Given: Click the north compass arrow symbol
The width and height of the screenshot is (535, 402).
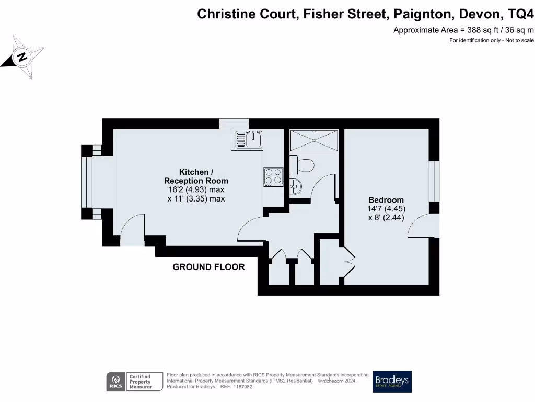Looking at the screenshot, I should [x=22, y=57].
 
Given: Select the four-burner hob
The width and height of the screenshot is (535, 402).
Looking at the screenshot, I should [x=273, y=176].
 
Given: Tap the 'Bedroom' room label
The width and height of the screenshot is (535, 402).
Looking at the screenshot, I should [x=386, y=200].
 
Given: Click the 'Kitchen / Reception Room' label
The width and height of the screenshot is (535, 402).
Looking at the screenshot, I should [x=196, y=176].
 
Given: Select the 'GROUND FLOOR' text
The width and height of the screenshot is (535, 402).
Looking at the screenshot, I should [x=208, y=267].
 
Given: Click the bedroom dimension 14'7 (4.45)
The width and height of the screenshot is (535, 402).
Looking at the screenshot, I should [x=386, y=209].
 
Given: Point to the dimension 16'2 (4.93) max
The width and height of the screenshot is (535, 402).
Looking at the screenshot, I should [x=196, y=189].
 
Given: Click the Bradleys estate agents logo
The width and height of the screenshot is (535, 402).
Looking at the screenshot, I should [x=392, y=381].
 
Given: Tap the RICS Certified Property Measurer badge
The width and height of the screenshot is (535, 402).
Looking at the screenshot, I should [x=130, y=381].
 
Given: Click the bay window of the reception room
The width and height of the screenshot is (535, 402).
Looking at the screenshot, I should [x=89, y=182].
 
